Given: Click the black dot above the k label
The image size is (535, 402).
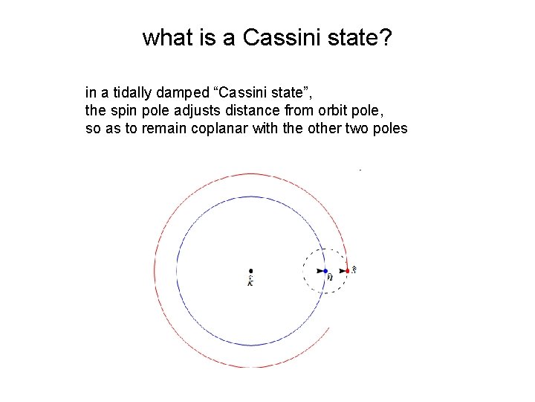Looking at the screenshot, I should pos(251,271).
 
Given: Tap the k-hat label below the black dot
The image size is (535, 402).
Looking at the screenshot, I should pos(250,281).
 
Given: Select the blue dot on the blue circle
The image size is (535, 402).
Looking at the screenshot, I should pos(325,272).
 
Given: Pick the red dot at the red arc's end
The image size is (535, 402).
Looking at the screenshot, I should pos(347,271).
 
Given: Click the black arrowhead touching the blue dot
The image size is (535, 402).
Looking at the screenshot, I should pos(320,272).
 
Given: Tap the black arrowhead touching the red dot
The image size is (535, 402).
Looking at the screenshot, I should pos(342,271).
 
